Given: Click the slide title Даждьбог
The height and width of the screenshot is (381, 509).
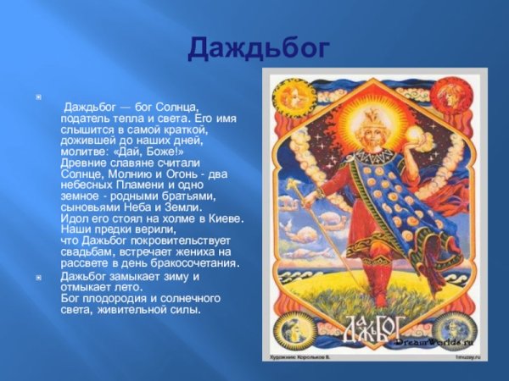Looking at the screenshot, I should pyautogui.click(x=257, y=49).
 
